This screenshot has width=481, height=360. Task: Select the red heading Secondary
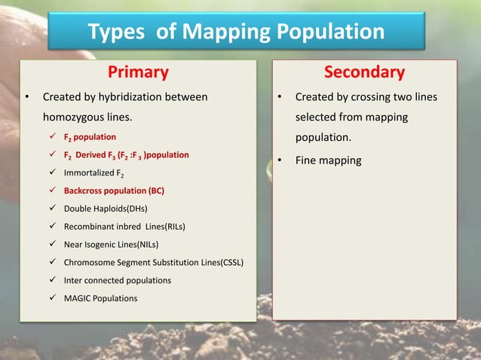coord(364,72)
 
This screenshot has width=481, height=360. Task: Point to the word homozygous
coord(73,117)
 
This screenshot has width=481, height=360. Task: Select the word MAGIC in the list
coord(81,298)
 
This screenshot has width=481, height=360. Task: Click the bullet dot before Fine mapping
coord(279,160)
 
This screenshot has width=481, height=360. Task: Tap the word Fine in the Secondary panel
coord(305,160)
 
